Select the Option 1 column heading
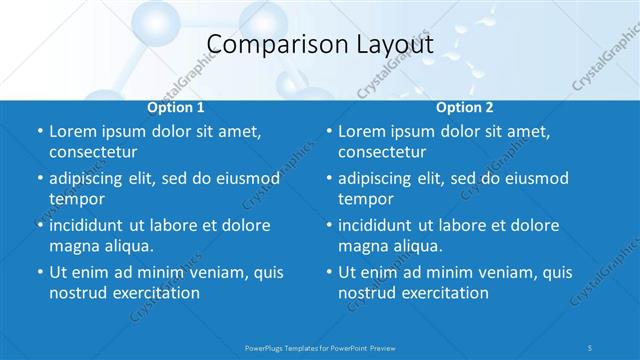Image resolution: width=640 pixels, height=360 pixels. point(176,107)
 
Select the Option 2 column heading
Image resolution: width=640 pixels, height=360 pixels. point(464,107)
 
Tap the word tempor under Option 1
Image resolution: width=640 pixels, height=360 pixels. point(76,199)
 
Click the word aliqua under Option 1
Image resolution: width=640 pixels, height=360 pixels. point(125,246)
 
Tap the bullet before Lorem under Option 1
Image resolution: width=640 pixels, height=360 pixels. point(38,132)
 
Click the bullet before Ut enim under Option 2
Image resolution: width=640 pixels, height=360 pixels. point(328,272)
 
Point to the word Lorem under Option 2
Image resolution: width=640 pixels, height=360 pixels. point(363,132)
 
